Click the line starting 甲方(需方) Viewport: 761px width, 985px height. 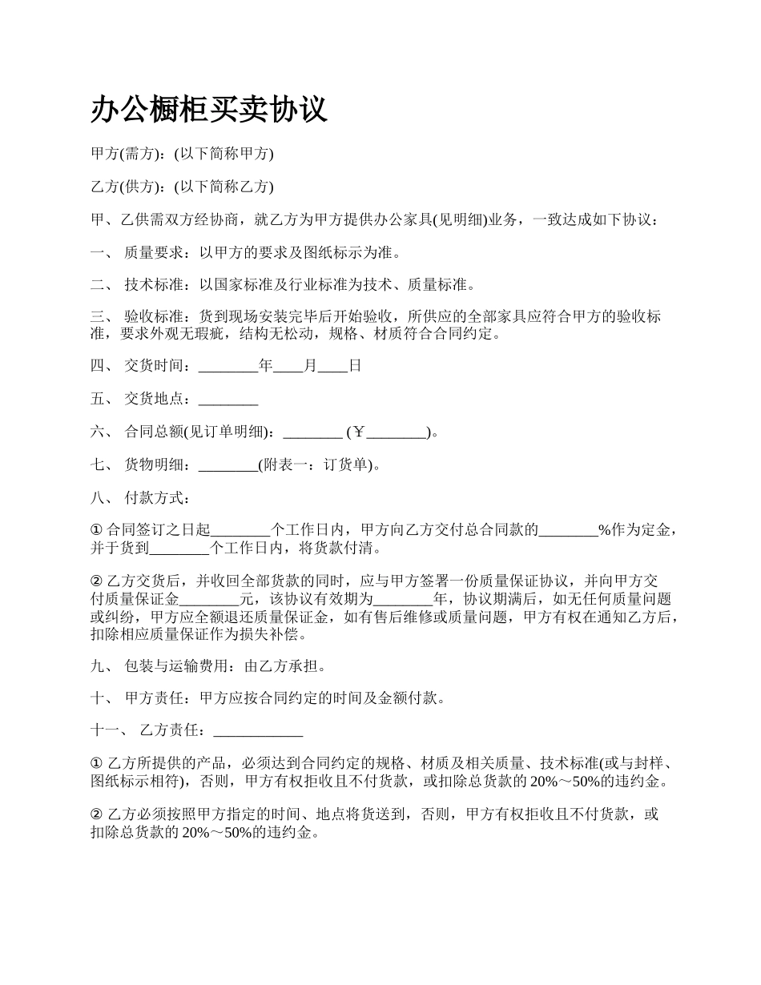(183, 154)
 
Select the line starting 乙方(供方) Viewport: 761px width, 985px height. (183, 187)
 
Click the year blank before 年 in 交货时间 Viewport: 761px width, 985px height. (228, 367)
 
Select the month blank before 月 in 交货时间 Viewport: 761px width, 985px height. (288, 367)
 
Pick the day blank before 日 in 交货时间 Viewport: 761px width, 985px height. (332, 367)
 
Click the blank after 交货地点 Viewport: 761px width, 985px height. (227, 400)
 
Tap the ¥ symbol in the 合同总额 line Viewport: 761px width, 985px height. (358, 432)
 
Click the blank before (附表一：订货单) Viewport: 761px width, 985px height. (227, 465)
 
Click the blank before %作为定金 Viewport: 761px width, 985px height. (568, 530)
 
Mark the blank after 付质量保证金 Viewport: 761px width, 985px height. (209, 598)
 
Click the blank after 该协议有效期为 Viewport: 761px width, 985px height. (403, 598)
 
